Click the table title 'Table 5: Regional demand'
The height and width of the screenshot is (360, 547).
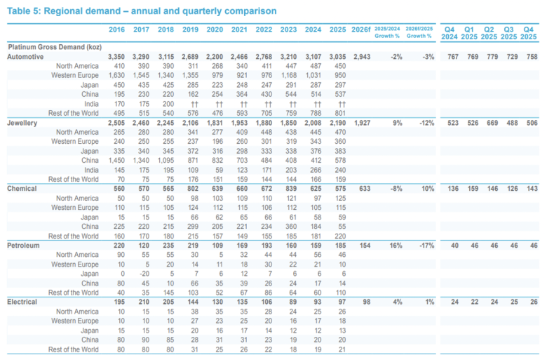(64, 11)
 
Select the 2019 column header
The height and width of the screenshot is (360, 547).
(190, 29)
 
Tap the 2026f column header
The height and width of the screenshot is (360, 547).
(360, 29)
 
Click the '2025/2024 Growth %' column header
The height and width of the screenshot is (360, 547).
(387, 32)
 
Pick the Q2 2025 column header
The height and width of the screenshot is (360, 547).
(489, 33)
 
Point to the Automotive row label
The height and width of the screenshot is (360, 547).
(25, 57)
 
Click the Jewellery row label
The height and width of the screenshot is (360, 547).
(22, 123)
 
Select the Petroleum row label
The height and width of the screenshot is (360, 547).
(23, 246)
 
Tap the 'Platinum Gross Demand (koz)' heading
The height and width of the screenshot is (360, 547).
(55, 47)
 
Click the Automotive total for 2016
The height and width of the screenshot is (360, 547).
(116, 57)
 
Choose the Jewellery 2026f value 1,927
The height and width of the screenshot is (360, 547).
(362, 123)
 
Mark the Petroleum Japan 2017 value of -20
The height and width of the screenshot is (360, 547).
(144, 274)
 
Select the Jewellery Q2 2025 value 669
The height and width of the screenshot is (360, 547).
(492, 123)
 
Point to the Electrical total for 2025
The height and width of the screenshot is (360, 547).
(342, 302)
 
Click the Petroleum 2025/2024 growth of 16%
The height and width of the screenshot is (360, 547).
(396, 246)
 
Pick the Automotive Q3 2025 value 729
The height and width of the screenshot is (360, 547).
(512, 57)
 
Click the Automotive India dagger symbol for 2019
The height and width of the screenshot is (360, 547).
(194, 104)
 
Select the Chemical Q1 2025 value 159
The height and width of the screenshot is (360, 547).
(473, 189)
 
